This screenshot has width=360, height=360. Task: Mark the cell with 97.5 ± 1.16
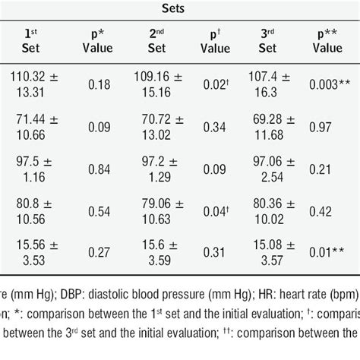[x=34, y=170]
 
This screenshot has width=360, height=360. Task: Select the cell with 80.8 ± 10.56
[x=34, y=212]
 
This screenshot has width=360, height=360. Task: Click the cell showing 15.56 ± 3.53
[x=34, y=254]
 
